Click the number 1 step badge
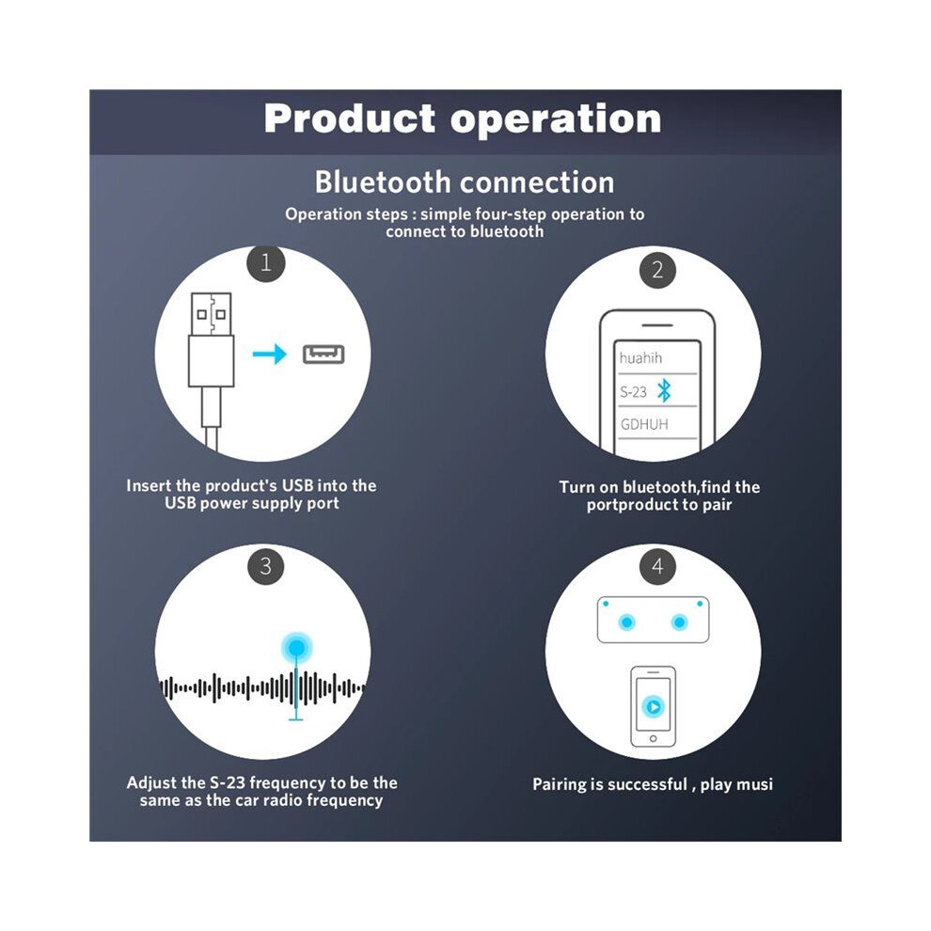(265, 262)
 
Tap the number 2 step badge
(657, 270)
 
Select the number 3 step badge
(265, 566)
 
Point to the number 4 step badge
(657, 566)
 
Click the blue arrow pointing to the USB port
(270, 355)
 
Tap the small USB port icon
(323, 355)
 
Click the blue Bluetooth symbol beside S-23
(665, 390)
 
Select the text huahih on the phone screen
(640, 357)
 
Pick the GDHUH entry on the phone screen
(644, 424)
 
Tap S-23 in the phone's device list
(633, 392)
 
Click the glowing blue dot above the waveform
(297, 647)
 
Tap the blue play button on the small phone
(654, 706)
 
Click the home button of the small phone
(654, 738)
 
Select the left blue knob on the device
(627, 623)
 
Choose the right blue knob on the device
(679, 623)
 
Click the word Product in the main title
(350, 118)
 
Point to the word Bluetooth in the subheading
(383, 181)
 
